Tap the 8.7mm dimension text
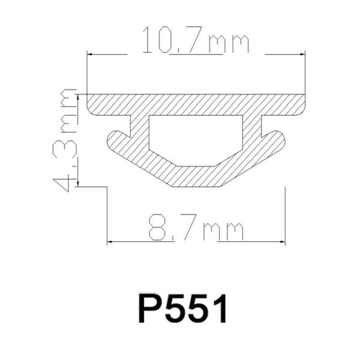(x=196, y=230)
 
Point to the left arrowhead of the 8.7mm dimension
(x=110, y=242)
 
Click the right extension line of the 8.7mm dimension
(x=284, y=216)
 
